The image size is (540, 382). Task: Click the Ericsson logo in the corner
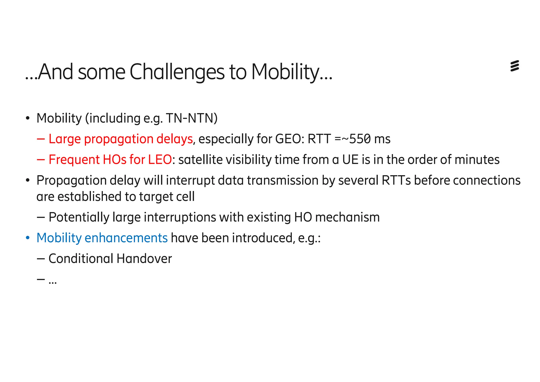point(514,66)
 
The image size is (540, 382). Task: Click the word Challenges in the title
point(177,72)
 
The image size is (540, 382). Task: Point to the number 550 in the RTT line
point(360,139)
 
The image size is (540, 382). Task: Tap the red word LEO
point(160,160)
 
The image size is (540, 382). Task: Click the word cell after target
point(186,197)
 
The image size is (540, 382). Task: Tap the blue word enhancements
point(126,238)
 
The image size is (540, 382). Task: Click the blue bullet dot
point(28,238)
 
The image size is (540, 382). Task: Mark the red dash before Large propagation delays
point(41,139)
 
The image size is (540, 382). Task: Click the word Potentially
point(79,217)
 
